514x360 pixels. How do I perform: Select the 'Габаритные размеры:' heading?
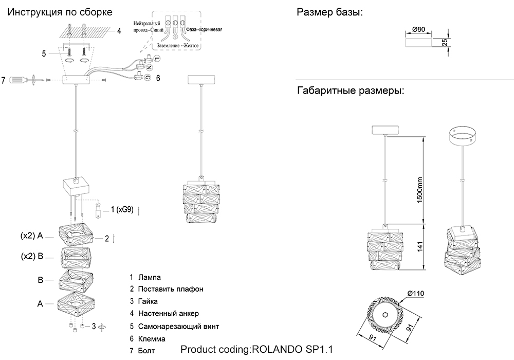click(x=350, y=92)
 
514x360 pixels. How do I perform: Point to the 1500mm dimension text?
click(x=419, y=189)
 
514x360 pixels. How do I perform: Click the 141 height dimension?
click(x=419, y=247)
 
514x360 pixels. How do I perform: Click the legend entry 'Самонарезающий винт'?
click(x=174, y=327)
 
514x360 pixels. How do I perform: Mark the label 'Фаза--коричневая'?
click(x=204, y=29)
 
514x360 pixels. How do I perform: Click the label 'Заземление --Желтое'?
click(x=175, y=46)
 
